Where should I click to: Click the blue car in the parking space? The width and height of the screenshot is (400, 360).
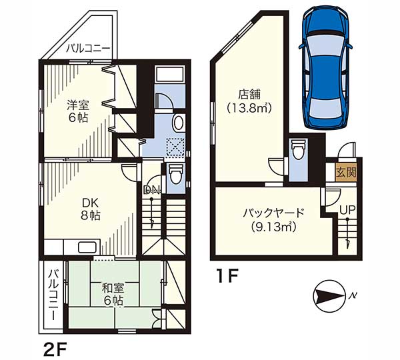(325, 67)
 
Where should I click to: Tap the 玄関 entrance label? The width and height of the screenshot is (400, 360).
(346, 173)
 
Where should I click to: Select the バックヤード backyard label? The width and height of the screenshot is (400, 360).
(274, 213)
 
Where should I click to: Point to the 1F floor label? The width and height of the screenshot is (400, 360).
(227, 276)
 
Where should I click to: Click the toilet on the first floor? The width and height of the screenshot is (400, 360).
(298, 149)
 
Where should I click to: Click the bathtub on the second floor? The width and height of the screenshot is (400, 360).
(169, 74)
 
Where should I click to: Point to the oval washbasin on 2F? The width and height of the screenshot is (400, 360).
(179, 123)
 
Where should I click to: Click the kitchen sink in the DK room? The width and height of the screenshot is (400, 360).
(87, 247)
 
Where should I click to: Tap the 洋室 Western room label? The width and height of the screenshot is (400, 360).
(78, 105)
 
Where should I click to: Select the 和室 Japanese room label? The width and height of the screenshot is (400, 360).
(113, 289)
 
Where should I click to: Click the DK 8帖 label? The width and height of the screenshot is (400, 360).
(90, 209)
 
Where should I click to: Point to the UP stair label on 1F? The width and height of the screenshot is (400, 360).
(347, 210)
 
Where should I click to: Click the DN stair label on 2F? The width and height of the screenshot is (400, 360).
(152, 189)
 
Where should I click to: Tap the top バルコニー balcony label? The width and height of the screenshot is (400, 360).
(89, 48)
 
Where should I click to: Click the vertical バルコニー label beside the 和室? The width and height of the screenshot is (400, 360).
(54, 294)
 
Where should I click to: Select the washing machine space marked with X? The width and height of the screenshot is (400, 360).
(175, 147)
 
